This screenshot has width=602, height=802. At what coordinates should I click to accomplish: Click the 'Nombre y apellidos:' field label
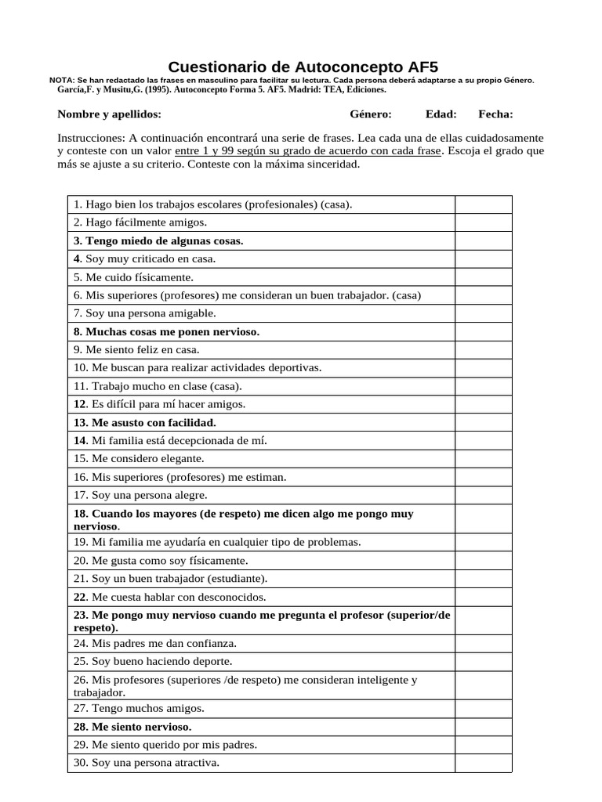pos(109,114)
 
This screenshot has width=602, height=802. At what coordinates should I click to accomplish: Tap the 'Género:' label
pos(371,114)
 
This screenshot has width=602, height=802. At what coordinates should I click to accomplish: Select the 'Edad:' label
pos(441,114)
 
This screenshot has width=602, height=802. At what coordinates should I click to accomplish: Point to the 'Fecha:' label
pos(496,114)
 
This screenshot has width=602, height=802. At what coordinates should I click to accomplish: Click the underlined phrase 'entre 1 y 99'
pos(204,150)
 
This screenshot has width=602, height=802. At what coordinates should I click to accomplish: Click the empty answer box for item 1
pos(483,204)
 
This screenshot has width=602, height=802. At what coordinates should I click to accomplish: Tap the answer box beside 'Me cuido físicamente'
pos(483,277)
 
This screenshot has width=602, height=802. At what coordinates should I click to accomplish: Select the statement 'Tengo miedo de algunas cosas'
pos(158,240)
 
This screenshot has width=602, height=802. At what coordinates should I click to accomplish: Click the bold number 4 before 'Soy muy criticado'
pos(77,258)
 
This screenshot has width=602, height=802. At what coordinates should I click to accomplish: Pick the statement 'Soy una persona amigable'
pos(145,313)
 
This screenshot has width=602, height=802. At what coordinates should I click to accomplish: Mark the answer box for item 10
pos(483,368)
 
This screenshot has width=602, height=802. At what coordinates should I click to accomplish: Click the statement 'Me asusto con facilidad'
pos(144,423)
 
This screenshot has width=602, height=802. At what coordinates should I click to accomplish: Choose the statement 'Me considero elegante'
pos(139,459)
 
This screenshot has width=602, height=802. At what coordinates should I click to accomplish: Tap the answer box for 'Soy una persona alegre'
pos(483,495)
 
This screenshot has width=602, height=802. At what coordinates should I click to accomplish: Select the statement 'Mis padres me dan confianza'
pos(155,644)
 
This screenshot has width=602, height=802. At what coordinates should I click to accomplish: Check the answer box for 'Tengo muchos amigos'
pos(483,708)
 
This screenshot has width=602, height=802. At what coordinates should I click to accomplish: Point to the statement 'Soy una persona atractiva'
pos(147,763)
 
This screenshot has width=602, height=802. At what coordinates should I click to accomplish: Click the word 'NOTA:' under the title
pos(62,81)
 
